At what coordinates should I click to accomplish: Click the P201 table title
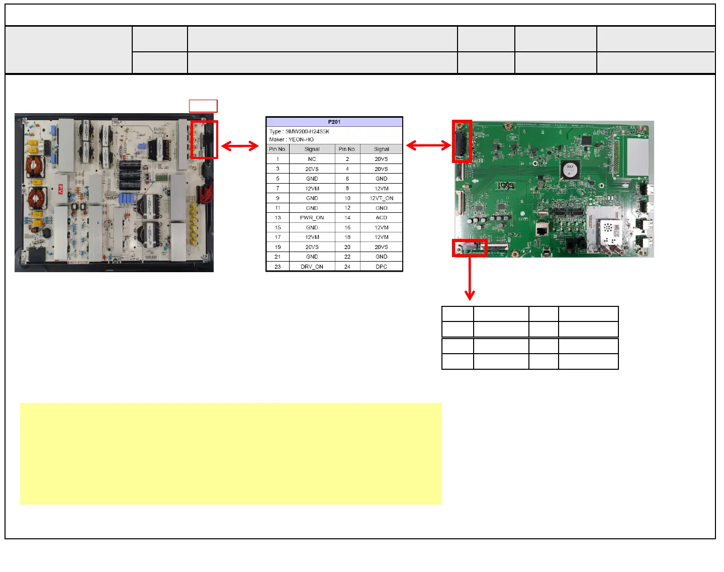(334, 122)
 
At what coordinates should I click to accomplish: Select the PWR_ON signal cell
(312, 218)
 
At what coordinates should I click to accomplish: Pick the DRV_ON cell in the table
(312, 267)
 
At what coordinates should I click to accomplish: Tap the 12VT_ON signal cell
(381, 198)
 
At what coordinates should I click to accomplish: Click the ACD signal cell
(381, 218)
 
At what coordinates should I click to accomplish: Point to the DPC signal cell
(381, 267)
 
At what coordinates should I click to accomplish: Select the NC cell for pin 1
(312, 159)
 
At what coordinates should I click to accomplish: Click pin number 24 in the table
(347, 267)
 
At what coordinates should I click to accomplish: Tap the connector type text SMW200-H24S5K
(307, 131)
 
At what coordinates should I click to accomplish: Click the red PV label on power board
(60, 189)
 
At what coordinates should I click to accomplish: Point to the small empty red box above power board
(203, 106)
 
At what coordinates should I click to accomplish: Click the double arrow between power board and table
(240, 146)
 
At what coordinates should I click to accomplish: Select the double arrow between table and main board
(428, 145)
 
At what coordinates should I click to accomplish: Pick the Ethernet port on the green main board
(541, 230)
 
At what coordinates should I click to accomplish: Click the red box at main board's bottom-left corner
(470, 248)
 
